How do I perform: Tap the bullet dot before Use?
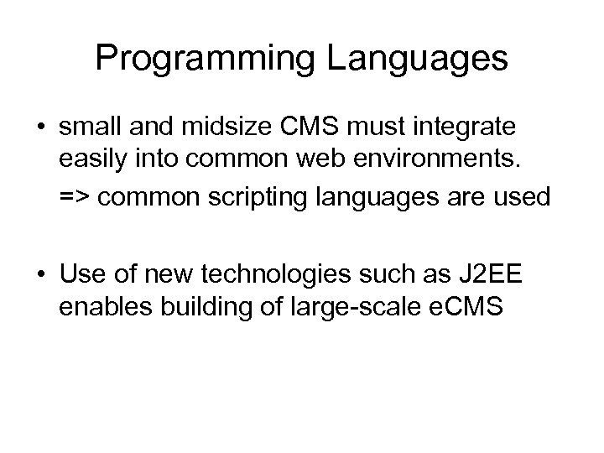click(x=40, y=273)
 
